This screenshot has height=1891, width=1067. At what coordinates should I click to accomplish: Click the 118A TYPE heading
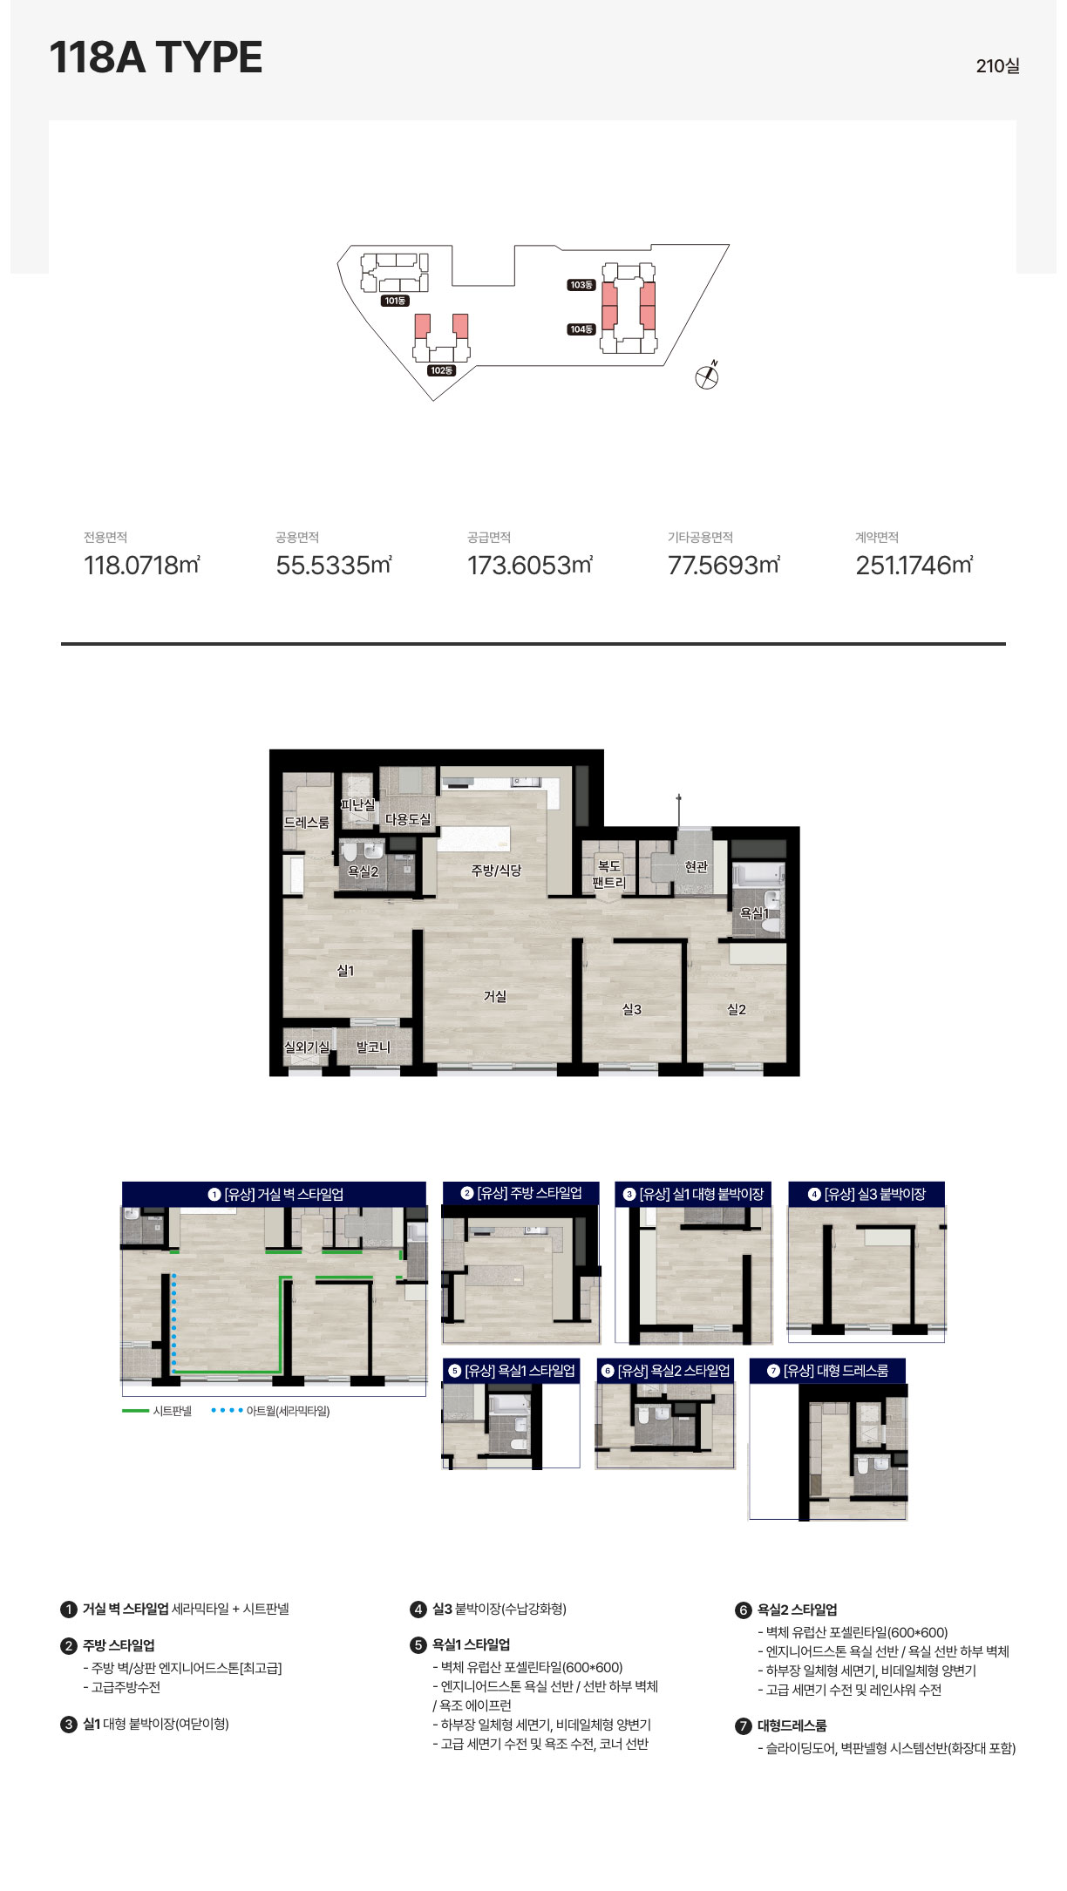(156, 58)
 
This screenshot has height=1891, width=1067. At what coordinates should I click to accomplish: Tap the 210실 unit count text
(998, 66)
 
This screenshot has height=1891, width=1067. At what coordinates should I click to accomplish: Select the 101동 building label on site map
(395, 301)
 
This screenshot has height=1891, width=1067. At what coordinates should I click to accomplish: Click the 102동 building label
(442, 370)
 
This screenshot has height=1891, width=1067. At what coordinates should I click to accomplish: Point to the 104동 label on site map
(581, 329)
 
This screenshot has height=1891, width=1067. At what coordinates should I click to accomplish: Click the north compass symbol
(708, 376)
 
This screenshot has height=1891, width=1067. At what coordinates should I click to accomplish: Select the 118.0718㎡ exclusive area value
(142, 566)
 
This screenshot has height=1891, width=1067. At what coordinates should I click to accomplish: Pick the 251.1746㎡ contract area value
(914, 566)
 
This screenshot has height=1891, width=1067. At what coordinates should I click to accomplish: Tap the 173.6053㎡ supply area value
(530, 566)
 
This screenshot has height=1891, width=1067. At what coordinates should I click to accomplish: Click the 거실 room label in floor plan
(495, 996)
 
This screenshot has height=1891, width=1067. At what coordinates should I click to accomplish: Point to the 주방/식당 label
(496, 870)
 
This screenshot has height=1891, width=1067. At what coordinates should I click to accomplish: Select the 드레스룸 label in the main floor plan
(307, 822)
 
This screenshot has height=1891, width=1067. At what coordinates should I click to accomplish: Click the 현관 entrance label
(697, 866)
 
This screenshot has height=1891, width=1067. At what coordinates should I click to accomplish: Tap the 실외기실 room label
(307, 1047)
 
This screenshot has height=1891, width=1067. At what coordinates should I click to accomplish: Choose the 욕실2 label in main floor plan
(364, 871)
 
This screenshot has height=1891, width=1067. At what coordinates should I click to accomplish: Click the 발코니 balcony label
(373, 1047)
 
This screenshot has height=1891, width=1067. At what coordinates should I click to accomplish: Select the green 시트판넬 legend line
(135, 1411)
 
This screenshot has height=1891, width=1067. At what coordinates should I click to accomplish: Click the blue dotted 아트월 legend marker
(227, 1411)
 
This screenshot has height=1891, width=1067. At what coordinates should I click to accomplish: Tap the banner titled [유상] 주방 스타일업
(521, 1193)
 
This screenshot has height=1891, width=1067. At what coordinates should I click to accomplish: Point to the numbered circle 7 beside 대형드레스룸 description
(744, 1726)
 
